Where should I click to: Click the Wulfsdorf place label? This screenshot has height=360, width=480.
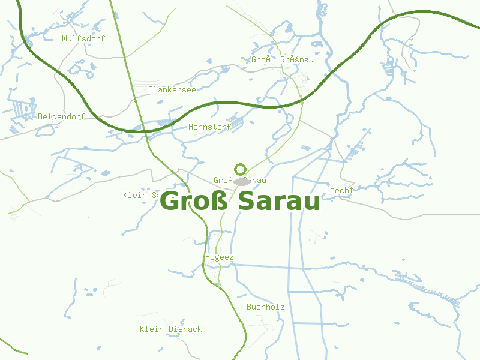pos(83,39)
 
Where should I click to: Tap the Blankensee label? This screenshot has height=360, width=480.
pos(172,90)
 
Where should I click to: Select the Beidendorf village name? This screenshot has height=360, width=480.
pos(61,116)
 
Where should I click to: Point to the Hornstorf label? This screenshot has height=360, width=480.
pos(209,127)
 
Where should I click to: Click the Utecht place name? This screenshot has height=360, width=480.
pos(339,190)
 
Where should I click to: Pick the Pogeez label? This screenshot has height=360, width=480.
pos(219,257)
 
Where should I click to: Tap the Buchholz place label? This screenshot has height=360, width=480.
pos(265,307)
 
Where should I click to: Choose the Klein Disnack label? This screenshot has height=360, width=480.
pos(170,329)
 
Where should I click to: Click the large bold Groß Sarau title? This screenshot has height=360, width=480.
pos(240,202)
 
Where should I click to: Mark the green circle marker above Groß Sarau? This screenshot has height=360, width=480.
pos(241,169)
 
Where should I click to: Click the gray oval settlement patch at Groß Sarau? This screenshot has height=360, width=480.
pos(242,181)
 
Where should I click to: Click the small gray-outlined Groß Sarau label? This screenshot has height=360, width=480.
pos(239,181)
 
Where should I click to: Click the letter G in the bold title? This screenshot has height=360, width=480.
pos(172,202)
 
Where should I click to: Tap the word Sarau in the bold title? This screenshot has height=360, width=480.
pos(279,202)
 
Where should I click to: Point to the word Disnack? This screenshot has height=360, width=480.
pos(185,329)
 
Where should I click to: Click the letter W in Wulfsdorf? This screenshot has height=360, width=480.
pos(65,39)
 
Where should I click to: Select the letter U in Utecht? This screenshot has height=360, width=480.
pos(328,190)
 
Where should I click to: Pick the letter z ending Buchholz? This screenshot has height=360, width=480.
pos(282,307)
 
